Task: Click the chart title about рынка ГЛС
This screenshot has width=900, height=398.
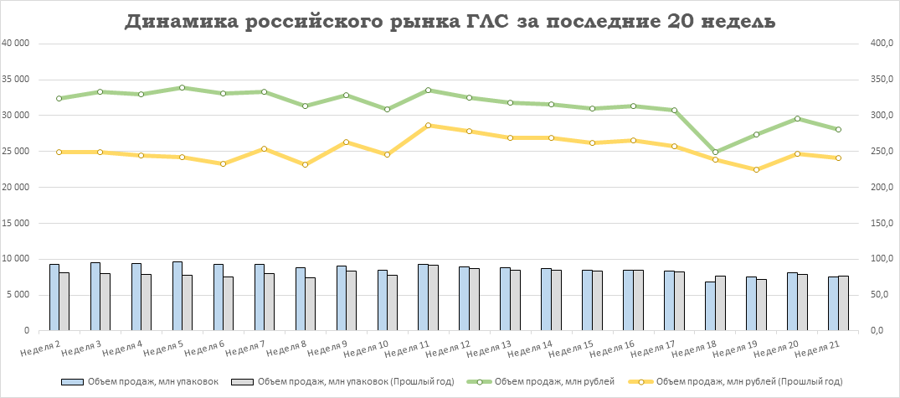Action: click(450, 23)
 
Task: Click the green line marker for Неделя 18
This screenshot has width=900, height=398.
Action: click(715, 152)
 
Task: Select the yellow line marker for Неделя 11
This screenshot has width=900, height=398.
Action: click(428, 125)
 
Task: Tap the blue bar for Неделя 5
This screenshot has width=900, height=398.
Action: click(177, 296)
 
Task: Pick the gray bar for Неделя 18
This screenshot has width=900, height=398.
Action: click(721, 303)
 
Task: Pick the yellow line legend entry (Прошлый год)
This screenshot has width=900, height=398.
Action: click(738, 381)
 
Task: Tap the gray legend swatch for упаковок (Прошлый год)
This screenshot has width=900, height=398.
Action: click(243, 381)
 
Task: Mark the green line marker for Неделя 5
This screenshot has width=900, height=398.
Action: click(182, 87)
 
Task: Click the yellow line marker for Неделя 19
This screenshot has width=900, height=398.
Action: click(756, 169)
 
